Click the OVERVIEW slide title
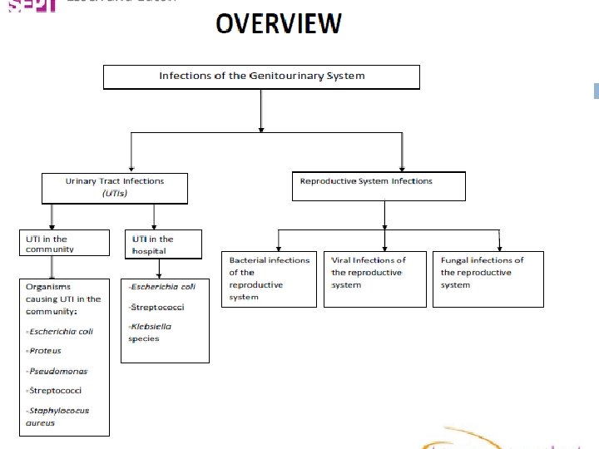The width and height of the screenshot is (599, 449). point(278,23)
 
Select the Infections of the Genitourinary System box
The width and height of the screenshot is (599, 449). point(261,76)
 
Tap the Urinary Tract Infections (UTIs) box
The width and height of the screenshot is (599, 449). point(115,187)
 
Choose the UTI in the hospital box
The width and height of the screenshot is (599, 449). point(162,244)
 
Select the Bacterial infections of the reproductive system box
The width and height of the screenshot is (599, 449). point(269,279)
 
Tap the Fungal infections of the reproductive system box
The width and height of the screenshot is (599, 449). point(488,279)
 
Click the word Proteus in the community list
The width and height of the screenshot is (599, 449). point(46,351)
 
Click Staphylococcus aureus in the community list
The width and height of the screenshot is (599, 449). point(58,417)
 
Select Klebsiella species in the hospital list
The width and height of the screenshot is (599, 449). point(151,333)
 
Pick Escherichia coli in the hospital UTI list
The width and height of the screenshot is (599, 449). point(164,287)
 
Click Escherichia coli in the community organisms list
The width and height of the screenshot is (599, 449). point(61,331)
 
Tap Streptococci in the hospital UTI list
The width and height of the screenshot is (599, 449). point(158,307)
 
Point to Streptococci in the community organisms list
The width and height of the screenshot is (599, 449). point(56,390)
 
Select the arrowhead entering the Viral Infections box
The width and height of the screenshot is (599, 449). point(384,247)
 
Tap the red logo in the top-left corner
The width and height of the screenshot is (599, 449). point(28,5)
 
